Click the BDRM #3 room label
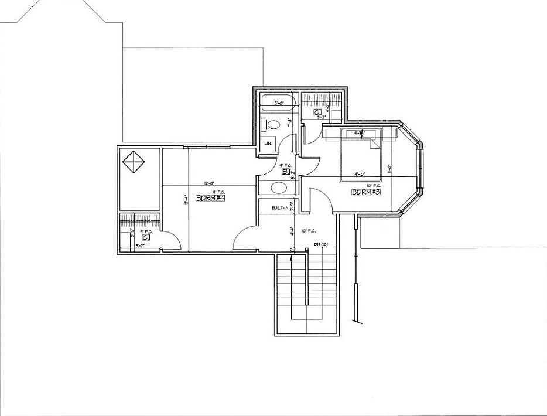click(366, 192)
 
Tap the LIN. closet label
click(268, 144)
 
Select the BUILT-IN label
click(279, 208)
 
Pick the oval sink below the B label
click(279, 187)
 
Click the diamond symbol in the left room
click(133, 162)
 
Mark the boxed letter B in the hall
click(285, 172)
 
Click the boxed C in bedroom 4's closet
click(143, 238)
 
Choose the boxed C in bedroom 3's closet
click(316, 111)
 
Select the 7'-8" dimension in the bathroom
click(290, 122)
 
